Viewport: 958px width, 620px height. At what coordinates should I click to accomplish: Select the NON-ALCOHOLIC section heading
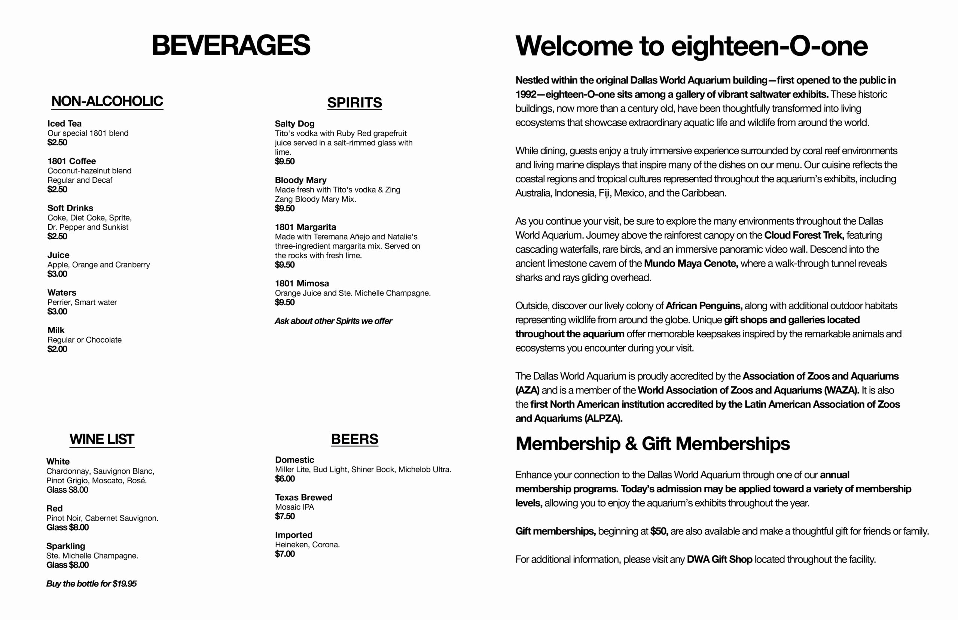pos(107,101)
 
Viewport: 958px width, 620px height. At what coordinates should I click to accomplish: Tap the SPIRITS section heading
pos(354,103)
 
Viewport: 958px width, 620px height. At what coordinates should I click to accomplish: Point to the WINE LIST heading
pos(101,439)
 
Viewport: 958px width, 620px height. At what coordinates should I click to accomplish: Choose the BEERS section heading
pos(354,439)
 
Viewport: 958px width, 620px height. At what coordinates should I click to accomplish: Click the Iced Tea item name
pos(64,124)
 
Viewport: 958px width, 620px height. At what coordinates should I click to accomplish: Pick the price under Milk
pos(57,349)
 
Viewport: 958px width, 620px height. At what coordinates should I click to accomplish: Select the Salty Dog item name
pos(294,124)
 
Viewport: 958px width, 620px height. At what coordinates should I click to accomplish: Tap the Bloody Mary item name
pos(300,180)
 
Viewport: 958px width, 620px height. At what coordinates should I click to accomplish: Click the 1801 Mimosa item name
pos(301,283)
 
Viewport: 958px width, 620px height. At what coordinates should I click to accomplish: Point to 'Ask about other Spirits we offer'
pos(333,321)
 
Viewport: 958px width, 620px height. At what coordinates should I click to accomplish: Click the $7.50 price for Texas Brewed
pos(284,516)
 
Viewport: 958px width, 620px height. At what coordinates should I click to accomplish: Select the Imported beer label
pos(293,535)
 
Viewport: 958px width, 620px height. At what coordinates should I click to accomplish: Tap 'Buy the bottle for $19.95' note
pos(91,583)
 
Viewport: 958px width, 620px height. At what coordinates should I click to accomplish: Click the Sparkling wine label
pos(65,546)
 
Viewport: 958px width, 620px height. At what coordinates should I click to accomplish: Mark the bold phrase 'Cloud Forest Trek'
pos(803,235)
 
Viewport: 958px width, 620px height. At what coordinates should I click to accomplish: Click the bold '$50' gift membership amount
pos(659,531)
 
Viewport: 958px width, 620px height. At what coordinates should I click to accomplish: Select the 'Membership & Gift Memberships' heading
pos(652,444)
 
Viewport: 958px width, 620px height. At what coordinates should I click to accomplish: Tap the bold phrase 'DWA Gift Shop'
pos(719,559)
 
